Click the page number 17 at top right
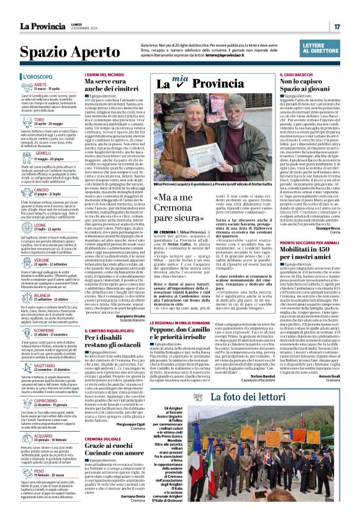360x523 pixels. pyautogui.click(x=337, y=26)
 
